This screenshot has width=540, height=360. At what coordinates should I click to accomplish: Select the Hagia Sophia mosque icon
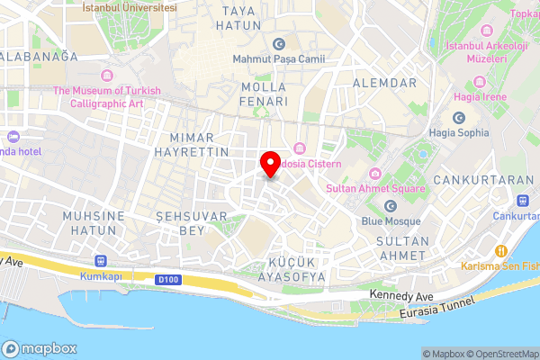pos(459,118)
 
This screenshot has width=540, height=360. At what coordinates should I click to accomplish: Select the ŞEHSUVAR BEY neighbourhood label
pos(180,224)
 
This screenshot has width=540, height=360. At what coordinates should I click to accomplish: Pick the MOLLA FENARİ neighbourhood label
pos(265,94)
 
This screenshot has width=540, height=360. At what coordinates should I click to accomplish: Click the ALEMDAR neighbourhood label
pos(386,84)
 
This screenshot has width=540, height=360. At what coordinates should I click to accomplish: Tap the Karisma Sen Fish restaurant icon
pos(503,251)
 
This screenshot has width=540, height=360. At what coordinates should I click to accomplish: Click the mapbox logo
pos(38,348)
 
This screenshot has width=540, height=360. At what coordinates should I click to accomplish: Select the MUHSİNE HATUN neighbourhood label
pos(89,223)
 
